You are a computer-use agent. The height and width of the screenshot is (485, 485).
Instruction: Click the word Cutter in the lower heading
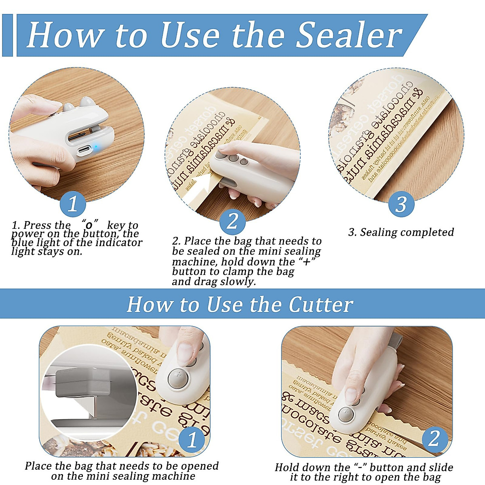[321, 304]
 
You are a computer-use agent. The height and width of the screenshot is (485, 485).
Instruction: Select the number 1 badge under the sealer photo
[73, 204]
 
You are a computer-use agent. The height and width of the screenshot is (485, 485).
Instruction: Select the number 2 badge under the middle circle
[232, 221]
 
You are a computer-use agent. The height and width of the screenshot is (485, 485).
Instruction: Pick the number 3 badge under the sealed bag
[401, 204]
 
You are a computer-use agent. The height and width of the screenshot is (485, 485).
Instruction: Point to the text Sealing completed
[401, 232]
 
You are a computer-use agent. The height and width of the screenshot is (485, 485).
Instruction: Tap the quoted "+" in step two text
[307, 262]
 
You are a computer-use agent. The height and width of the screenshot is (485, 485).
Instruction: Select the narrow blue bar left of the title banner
[7, 35]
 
